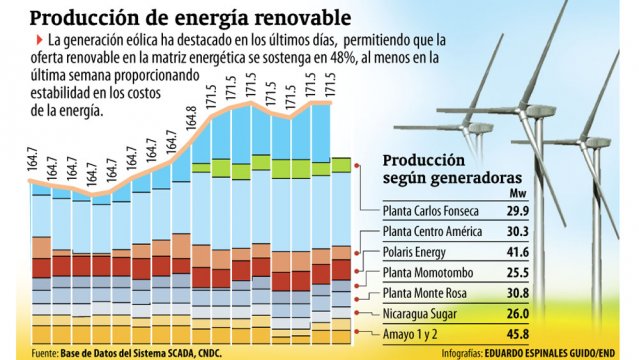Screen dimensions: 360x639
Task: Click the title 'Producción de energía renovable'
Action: point(190,17)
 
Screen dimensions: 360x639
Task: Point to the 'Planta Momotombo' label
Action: point(429,271)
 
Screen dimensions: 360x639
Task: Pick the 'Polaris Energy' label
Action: point(419,251)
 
